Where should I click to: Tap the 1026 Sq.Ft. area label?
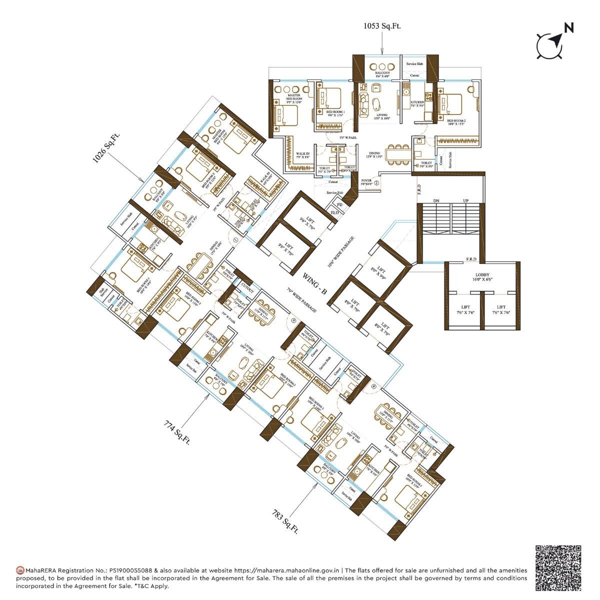(106, 147)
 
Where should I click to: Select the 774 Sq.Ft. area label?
(177, 430)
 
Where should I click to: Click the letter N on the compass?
(568, 28)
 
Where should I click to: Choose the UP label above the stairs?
(466, 200)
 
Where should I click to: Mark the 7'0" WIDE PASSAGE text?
(302, 300)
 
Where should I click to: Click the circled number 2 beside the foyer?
(376, 183)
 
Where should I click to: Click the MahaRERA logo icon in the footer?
(20, 570)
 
